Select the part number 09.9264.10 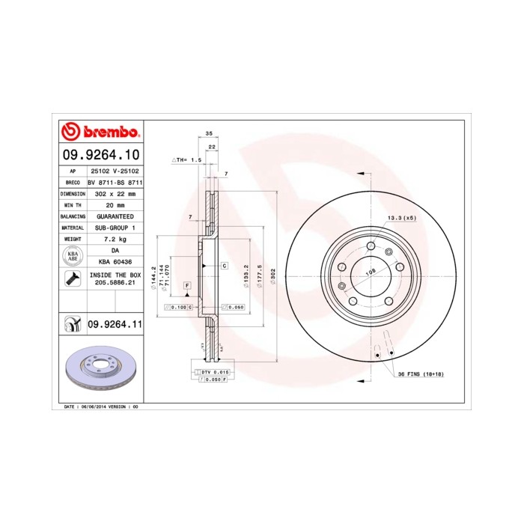100,155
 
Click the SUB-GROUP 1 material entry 113,227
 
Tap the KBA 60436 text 115,261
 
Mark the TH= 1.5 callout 189,160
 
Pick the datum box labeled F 186,286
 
